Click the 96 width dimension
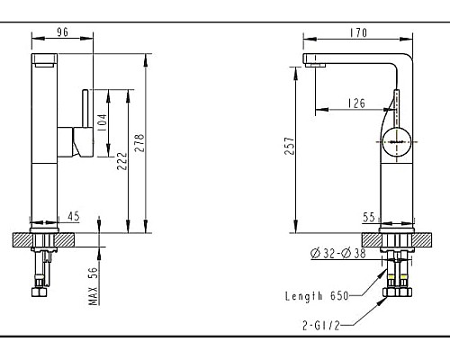63,32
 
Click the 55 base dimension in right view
369,217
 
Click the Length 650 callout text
316,294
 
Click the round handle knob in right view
396,140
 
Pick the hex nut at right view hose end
396,291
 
